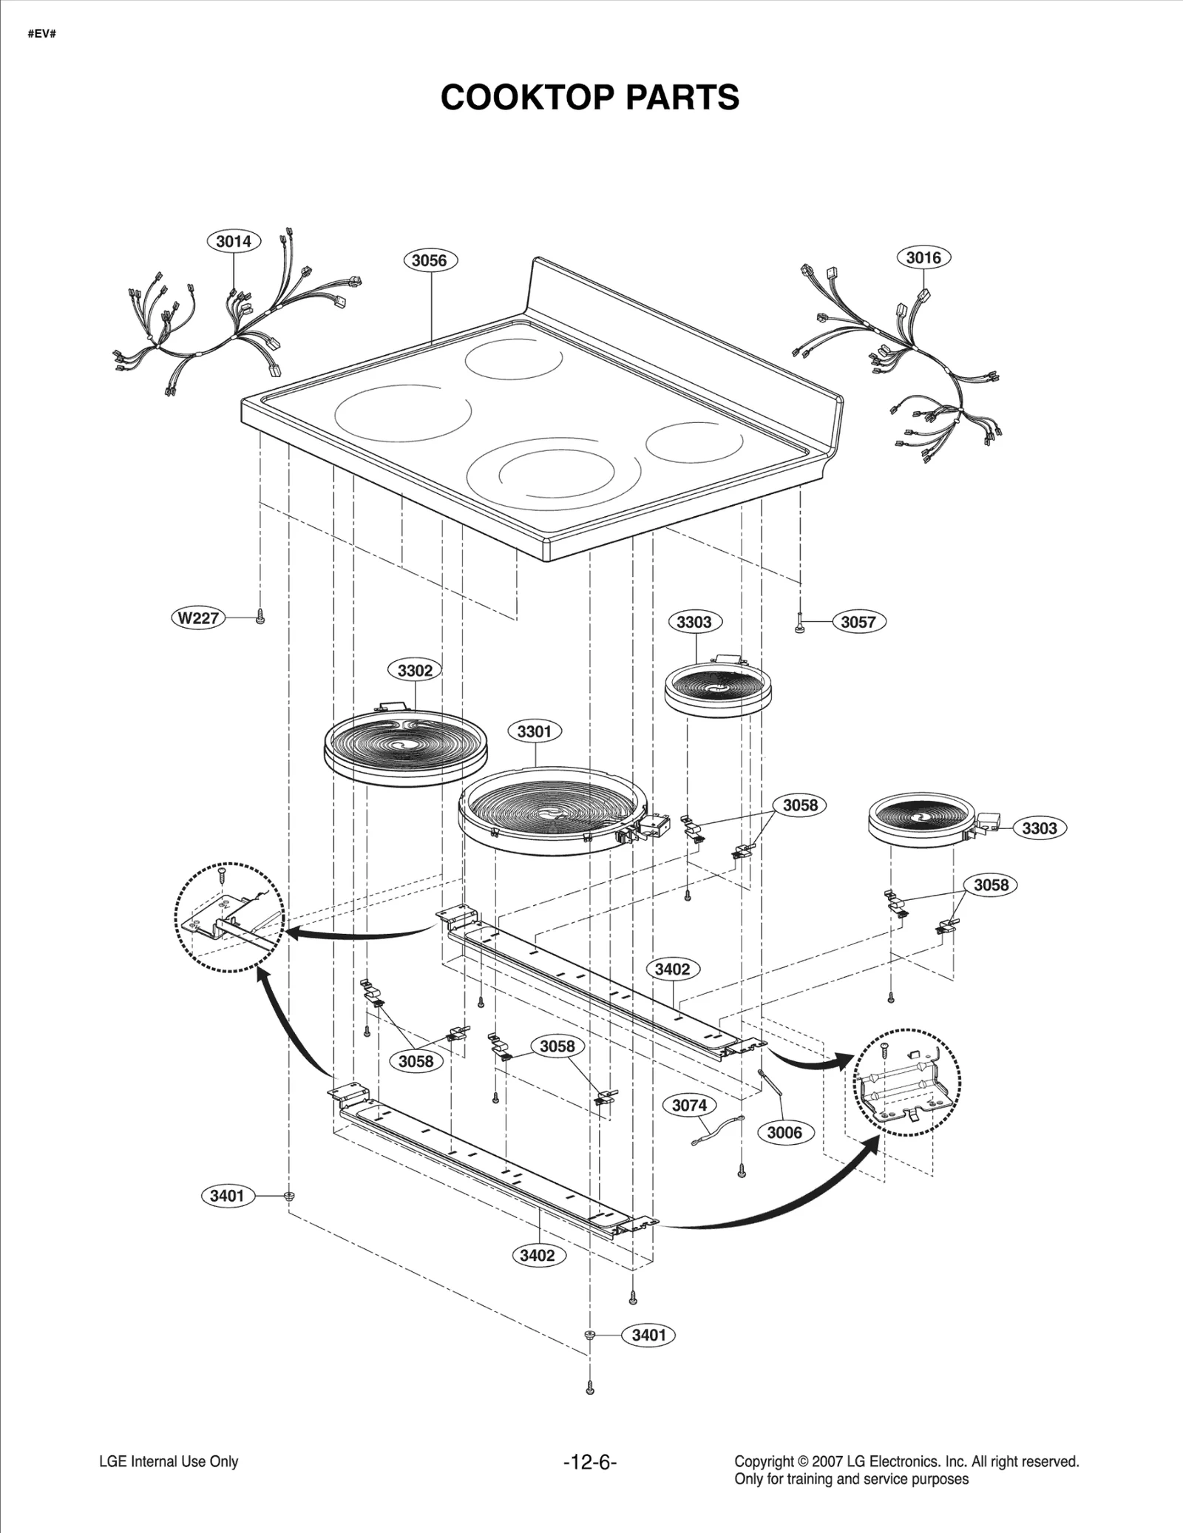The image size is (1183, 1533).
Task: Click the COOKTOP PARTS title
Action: [x=589, y=98]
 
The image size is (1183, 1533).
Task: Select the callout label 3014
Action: [x=234, y=241]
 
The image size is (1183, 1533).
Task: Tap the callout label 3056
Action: [x=430, y=260]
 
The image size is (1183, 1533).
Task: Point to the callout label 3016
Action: [x=923, y=257]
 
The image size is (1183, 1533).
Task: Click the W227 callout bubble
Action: [x=198, y=617]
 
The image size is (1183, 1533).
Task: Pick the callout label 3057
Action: [x=858, y=622]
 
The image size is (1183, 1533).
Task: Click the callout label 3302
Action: [x=415, y=671]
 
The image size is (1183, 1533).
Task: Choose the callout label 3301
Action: [x=534, y=731]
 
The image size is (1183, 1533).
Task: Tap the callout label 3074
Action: [x=689, y=1105]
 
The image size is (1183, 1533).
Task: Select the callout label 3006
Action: [x=784, y=1132]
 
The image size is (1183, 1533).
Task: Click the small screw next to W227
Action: [x=260, y=617]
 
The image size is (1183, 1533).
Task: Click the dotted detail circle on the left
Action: [x=229, y=917]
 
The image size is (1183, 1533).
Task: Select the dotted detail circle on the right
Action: [x=907, y=1082]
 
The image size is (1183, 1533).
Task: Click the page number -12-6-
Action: [x=589, y=1462]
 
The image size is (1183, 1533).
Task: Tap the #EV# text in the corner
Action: [x=41, y=35]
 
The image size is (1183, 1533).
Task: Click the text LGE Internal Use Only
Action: [x=169, y=1461]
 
